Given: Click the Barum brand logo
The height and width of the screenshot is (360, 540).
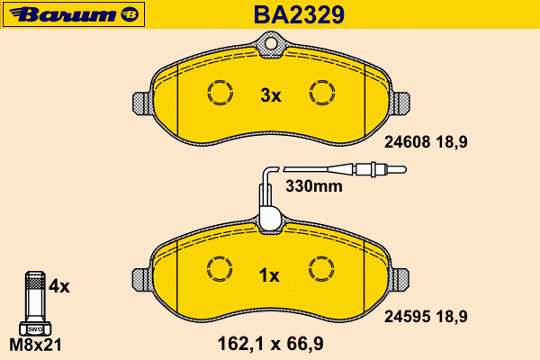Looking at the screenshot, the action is (74, 14).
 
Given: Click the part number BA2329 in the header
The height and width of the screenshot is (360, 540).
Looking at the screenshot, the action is (299, 14).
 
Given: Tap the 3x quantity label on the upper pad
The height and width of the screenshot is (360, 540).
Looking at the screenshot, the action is (271, 95).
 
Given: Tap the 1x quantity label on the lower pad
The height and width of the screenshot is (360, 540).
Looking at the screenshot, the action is (269, 275).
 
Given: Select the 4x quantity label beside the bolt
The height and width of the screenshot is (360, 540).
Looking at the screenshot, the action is (58, 286).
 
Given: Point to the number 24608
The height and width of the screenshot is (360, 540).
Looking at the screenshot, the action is (408, 141).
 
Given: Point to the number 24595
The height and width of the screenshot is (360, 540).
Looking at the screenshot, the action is (408, 316).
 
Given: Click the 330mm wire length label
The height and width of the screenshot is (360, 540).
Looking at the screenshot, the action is (314, 186).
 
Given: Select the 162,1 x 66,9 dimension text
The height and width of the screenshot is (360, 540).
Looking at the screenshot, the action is (271, 344).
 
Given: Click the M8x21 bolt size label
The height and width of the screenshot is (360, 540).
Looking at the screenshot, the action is (35, 345).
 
